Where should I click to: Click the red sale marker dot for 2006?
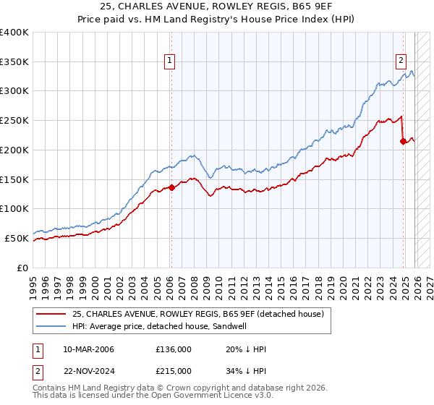point(171,187)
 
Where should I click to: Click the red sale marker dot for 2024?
point(403,141)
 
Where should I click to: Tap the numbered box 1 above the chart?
point(169,61)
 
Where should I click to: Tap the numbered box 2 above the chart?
point(401,61)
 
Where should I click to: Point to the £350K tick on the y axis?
point(14,62)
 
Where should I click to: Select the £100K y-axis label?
point(14,209)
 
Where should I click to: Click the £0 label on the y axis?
point(22,268)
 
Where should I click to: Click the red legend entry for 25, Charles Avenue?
point(202,313)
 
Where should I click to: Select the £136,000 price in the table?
point(174,349)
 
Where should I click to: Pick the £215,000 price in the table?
point(174,370)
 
